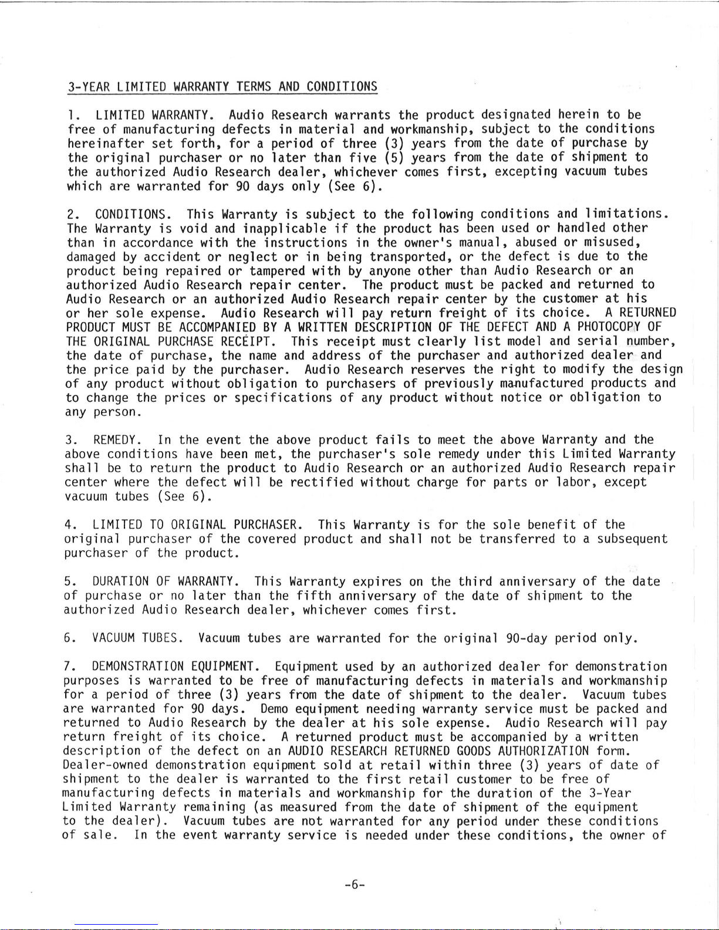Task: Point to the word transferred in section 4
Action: coord(517,539)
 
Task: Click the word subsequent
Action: coord(632,539)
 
